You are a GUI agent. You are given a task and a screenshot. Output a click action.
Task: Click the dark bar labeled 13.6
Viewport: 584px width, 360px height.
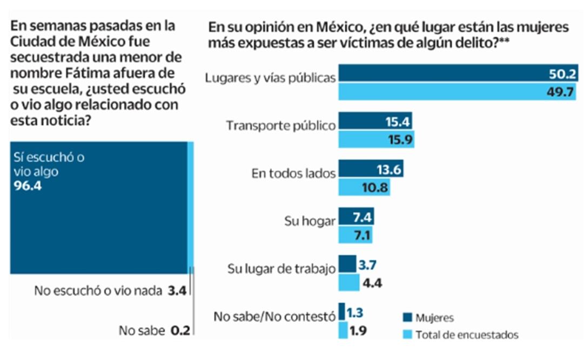pyautogui.click(x=371, y=170)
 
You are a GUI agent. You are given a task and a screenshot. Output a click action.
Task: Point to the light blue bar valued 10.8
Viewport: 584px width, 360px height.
pyautogui.click(x=364, y=188)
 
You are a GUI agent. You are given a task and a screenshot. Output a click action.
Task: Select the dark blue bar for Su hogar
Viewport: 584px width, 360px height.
pyautogui.click(x=355, y=217)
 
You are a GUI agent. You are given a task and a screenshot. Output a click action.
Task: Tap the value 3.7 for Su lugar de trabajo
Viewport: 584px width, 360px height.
pyautogui.click(x=368, y=265)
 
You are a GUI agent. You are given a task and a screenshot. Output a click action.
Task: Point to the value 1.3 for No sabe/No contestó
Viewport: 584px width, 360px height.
pyautogui.click(x=355, y=312)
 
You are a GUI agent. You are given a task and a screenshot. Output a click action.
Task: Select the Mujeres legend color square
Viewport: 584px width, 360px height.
pyautogui.click(x=408, y=317)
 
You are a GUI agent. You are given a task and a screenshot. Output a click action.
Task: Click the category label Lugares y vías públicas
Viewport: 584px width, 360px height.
pyautogui.click(x=270, y=77)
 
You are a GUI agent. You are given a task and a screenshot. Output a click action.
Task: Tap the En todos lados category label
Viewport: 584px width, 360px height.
pyautogui.click(x=294, y=174)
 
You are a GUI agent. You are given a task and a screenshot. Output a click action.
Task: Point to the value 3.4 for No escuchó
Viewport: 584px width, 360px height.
pyautogui.click(x=177, y=291)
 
